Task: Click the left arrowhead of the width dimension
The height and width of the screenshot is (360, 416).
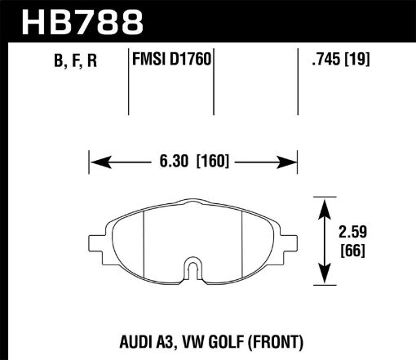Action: [93, 162]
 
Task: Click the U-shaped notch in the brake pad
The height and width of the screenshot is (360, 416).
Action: [193, 267]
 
